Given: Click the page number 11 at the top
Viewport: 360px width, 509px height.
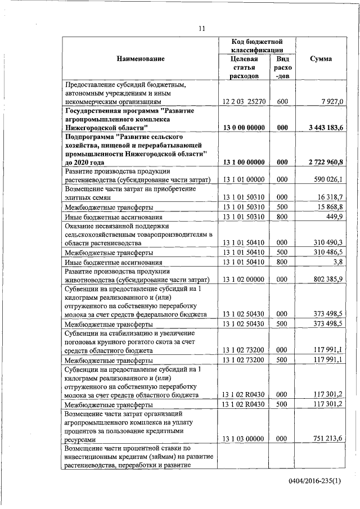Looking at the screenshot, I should [201, 29].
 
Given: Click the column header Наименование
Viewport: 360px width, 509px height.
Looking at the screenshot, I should [141, 59].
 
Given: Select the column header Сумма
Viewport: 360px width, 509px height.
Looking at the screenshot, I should [321, 59].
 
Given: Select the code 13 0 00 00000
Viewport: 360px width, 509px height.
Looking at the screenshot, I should [244, 128].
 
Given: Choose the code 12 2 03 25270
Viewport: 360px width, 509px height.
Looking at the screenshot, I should [244, 101].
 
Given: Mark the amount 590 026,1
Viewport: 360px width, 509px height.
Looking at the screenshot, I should [328, 179].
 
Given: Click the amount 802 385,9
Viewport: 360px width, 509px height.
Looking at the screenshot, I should [328, 280].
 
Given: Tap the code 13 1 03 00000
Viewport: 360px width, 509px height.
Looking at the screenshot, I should [244, 439].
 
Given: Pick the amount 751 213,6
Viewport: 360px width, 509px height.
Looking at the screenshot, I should [328, 439].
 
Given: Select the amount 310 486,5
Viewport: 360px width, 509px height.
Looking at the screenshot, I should [328, 252].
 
